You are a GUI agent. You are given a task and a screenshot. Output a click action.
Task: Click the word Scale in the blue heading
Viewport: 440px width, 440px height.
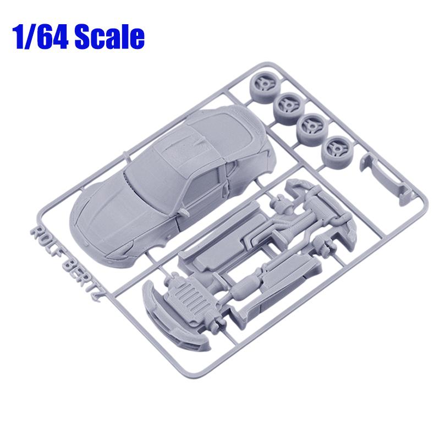(109, 36)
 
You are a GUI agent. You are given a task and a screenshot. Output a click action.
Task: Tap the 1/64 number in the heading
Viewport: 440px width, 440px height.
(40, 37)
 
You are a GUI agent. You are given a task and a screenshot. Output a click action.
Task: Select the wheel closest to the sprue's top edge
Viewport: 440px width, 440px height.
(263, 85)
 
